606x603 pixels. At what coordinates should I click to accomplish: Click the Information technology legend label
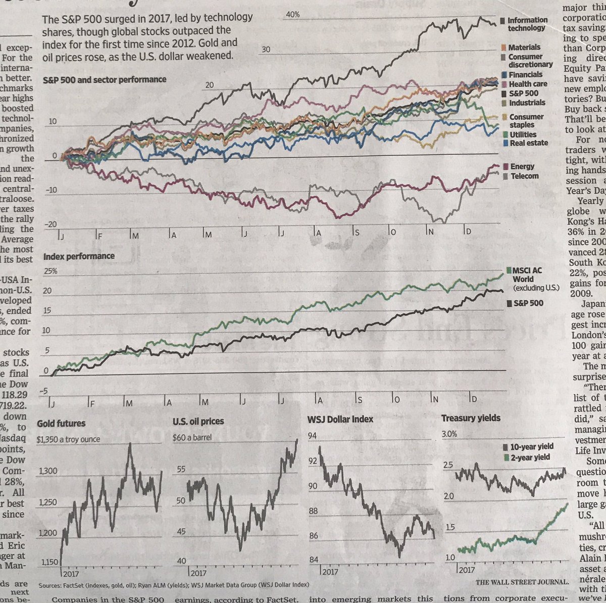(x=527, y=24)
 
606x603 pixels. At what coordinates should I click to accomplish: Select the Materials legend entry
(x=524, y=47)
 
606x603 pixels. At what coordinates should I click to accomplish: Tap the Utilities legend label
(x=523, y=134)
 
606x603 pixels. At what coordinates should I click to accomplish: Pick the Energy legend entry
(x=522, y=166)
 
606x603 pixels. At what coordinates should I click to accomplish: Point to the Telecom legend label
(x=524, y=176)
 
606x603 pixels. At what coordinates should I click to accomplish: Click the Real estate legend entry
(x=528, y=143)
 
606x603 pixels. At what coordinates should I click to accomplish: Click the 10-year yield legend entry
(x=532, y=446)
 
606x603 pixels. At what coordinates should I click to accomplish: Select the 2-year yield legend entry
(x=530, y=457)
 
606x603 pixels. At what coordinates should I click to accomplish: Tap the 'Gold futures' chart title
(x=61, y=423)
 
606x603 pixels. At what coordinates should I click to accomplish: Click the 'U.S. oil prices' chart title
(x=198, y=421)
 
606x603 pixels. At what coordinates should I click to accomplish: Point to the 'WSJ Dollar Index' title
(x=340, y=419)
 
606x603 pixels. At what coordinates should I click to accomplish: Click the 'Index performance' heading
(x=79, y=256)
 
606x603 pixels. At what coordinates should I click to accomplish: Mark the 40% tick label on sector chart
(x=292, y=15)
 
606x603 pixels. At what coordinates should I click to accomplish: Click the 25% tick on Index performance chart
(x=52, y=271)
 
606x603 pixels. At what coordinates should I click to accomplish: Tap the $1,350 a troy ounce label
(x=69, y=439)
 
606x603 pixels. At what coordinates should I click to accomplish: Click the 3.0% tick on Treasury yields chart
(x=449, y=434)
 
